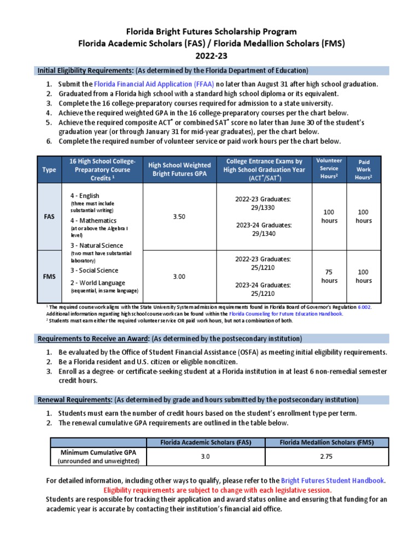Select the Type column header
click(x=49, y=170)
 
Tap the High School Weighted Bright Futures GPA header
click(x=179, y=170)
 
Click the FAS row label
click(x=49, y=217)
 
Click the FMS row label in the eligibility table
click(x=49, y=277)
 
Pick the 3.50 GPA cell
click(x=179, y=217)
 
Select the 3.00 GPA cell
click(x=179, y=277)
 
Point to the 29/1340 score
click(x=264, y=234)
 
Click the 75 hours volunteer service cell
click(x=329, y=276)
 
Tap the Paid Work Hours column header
click(x=364, y=170)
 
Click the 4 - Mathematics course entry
click(x=93, y=220)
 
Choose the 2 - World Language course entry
click(x=97, y=283)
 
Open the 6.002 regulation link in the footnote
click(x=364, y=308)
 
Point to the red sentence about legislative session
click(x=218, y=490)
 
